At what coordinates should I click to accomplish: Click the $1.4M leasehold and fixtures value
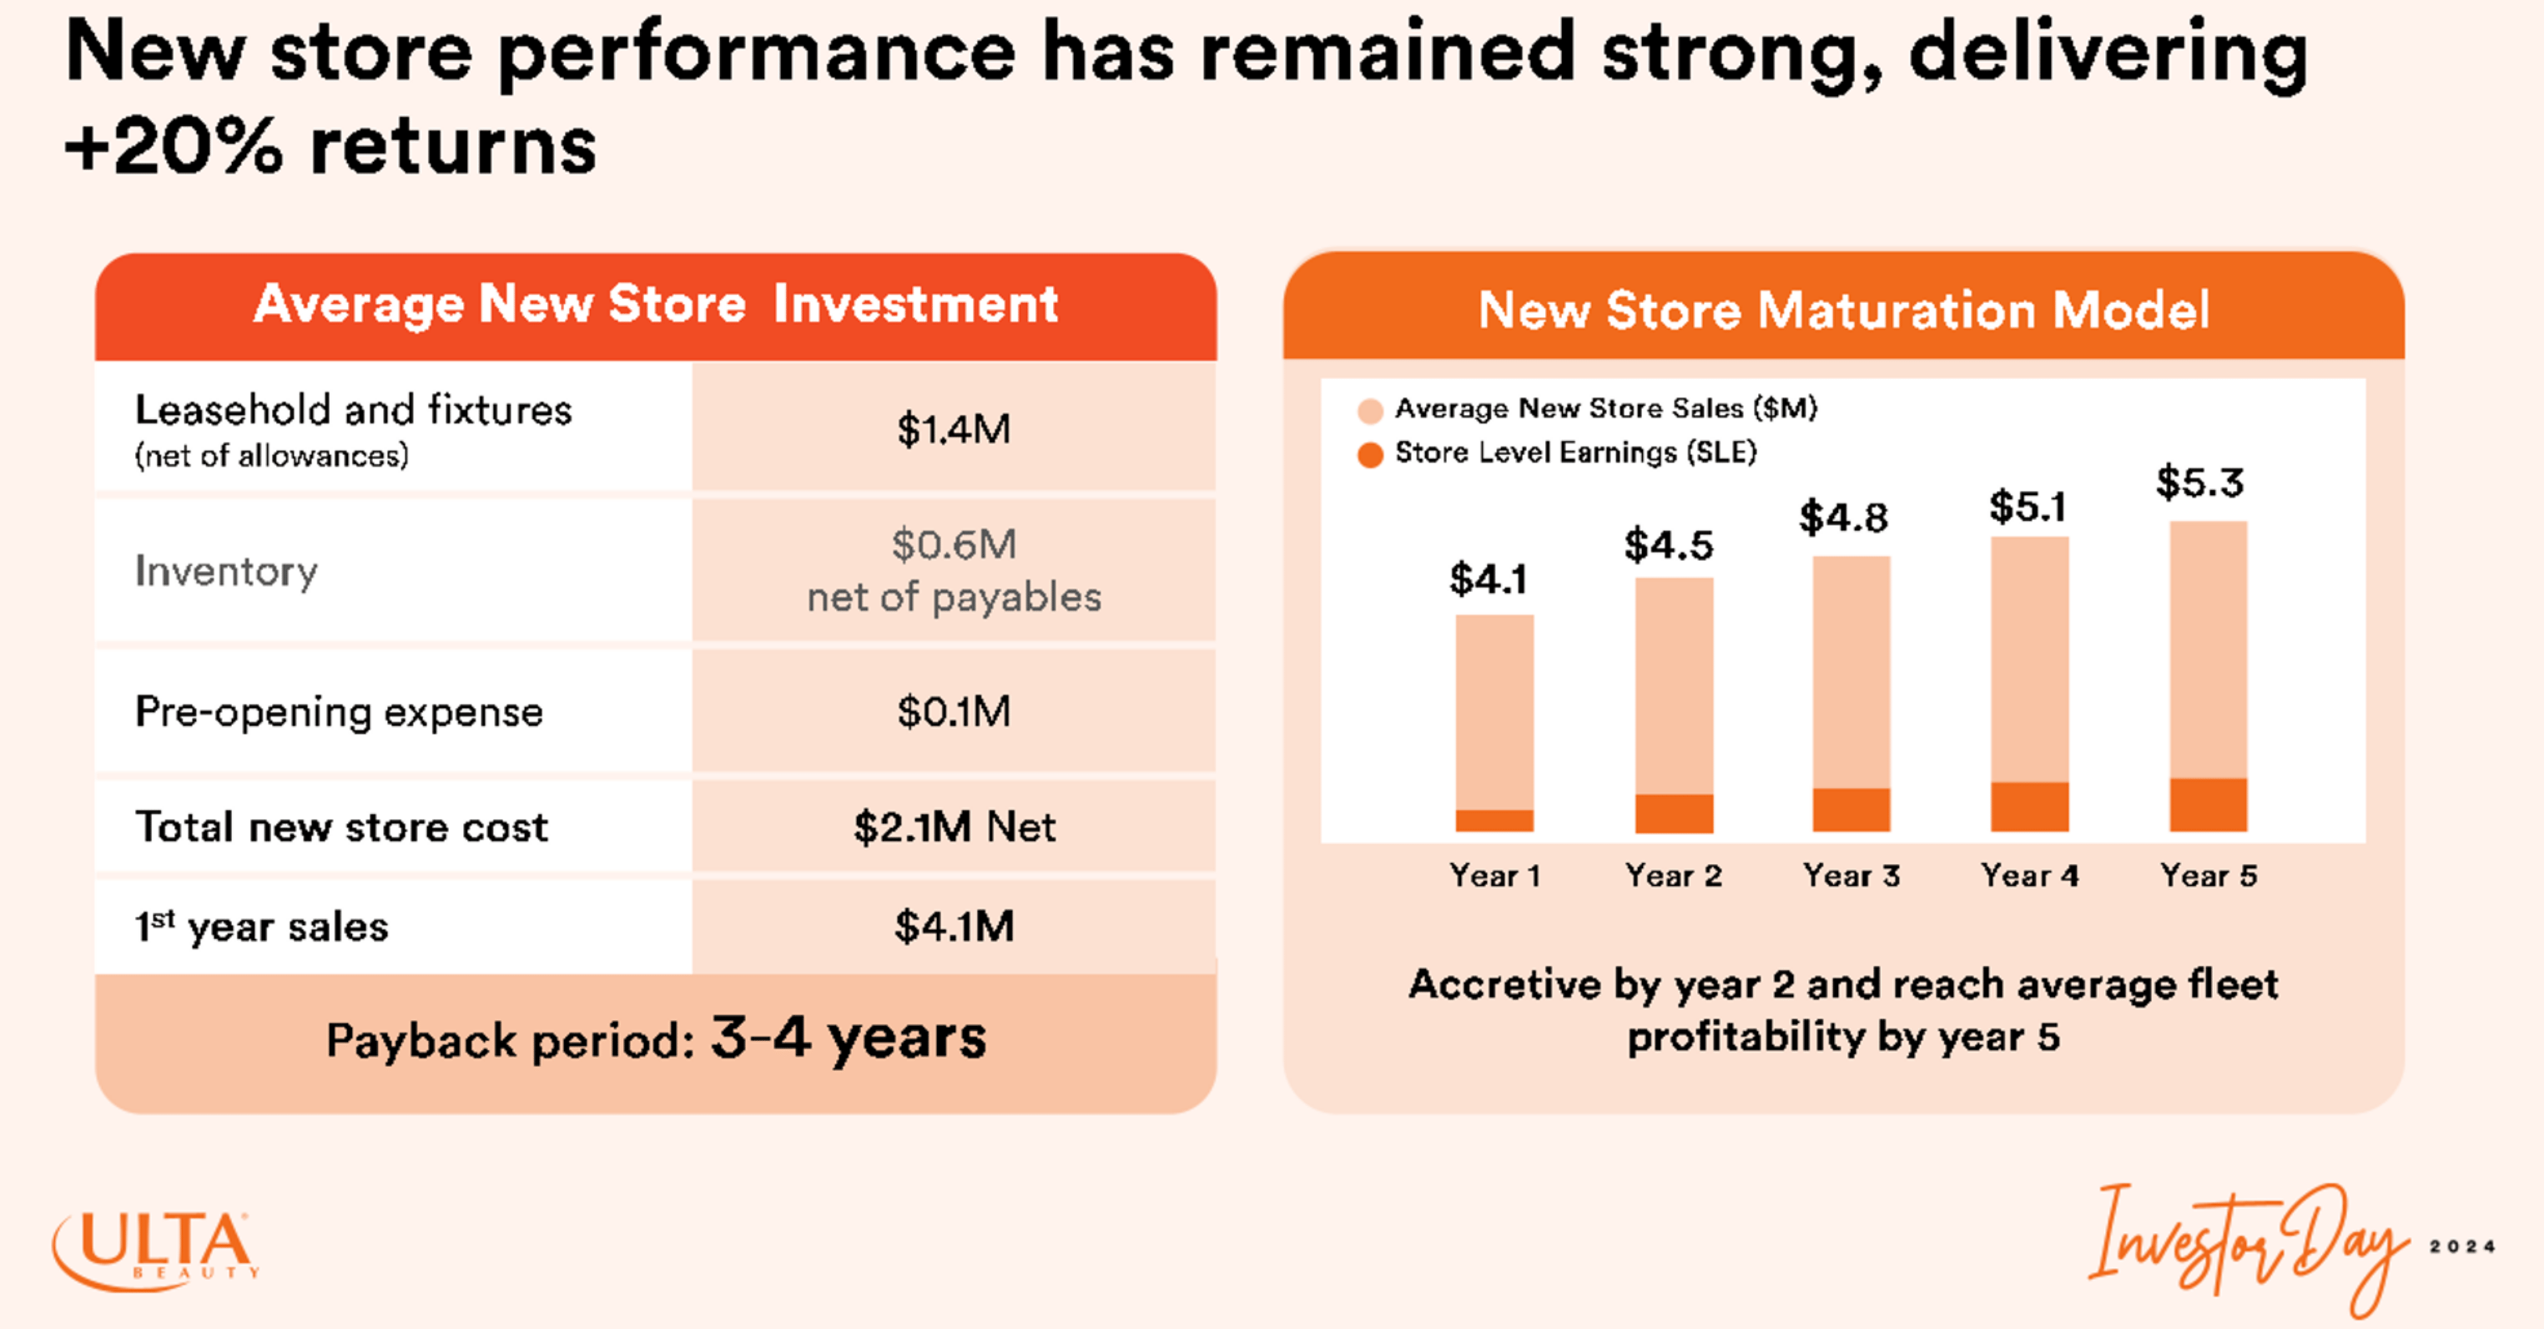[953, 430]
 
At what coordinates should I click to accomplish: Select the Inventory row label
[226, 571]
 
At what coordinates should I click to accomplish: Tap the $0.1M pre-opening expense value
[953, 711]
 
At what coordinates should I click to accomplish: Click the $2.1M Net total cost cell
[953, 827]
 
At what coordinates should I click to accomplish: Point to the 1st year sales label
[262, 927]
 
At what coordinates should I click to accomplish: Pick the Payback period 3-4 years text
[656, 1039]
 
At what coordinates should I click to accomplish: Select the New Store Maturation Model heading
[1843, 311]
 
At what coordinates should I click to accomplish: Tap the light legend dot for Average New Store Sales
[1370, 411]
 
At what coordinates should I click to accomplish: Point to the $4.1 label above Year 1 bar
[1489, 579]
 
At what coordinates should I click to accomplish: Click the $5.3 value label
[2199, 483]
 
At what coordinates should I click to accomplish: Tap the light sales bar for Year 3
[1851, 672]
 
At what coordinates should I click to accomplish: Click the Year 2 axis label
[1673, 876]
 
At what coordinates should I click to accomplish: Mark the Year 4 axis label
[2029, 876]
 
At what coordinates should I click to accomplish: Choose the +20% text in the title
[174, 146]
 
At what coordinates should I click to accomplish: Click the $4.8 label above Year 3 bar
[1843, 518]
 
